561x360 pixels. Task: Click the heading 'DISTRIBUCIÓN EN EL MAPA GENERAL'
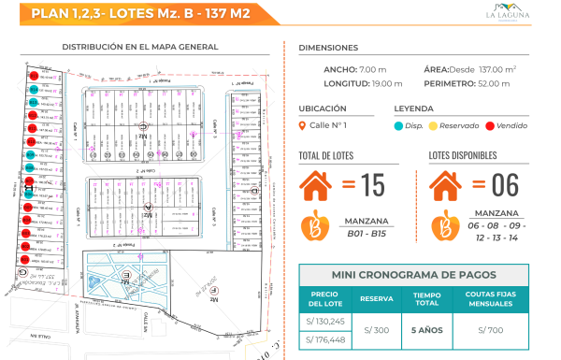(x=140, y=47)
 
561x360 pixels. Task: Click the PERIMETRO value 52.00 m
(x=490, y=83)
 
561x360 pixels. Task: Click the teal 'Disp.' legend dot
(x=399, y=126)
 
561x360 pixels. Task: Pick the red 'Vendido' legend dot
(x=489, y=126)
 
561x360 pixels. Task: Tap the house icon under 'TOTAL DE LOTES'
(x=320, y=185)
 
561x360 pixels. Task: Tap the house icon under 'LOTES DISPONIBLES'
(x=449, y=185)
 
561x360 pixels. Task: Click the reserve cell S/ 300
(x=378, y=330)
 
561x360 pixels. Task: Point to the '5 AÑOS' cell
(x=426, y=330)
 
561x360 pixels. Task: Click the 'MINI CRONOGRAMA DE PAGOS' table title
(x=419, y=276)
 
